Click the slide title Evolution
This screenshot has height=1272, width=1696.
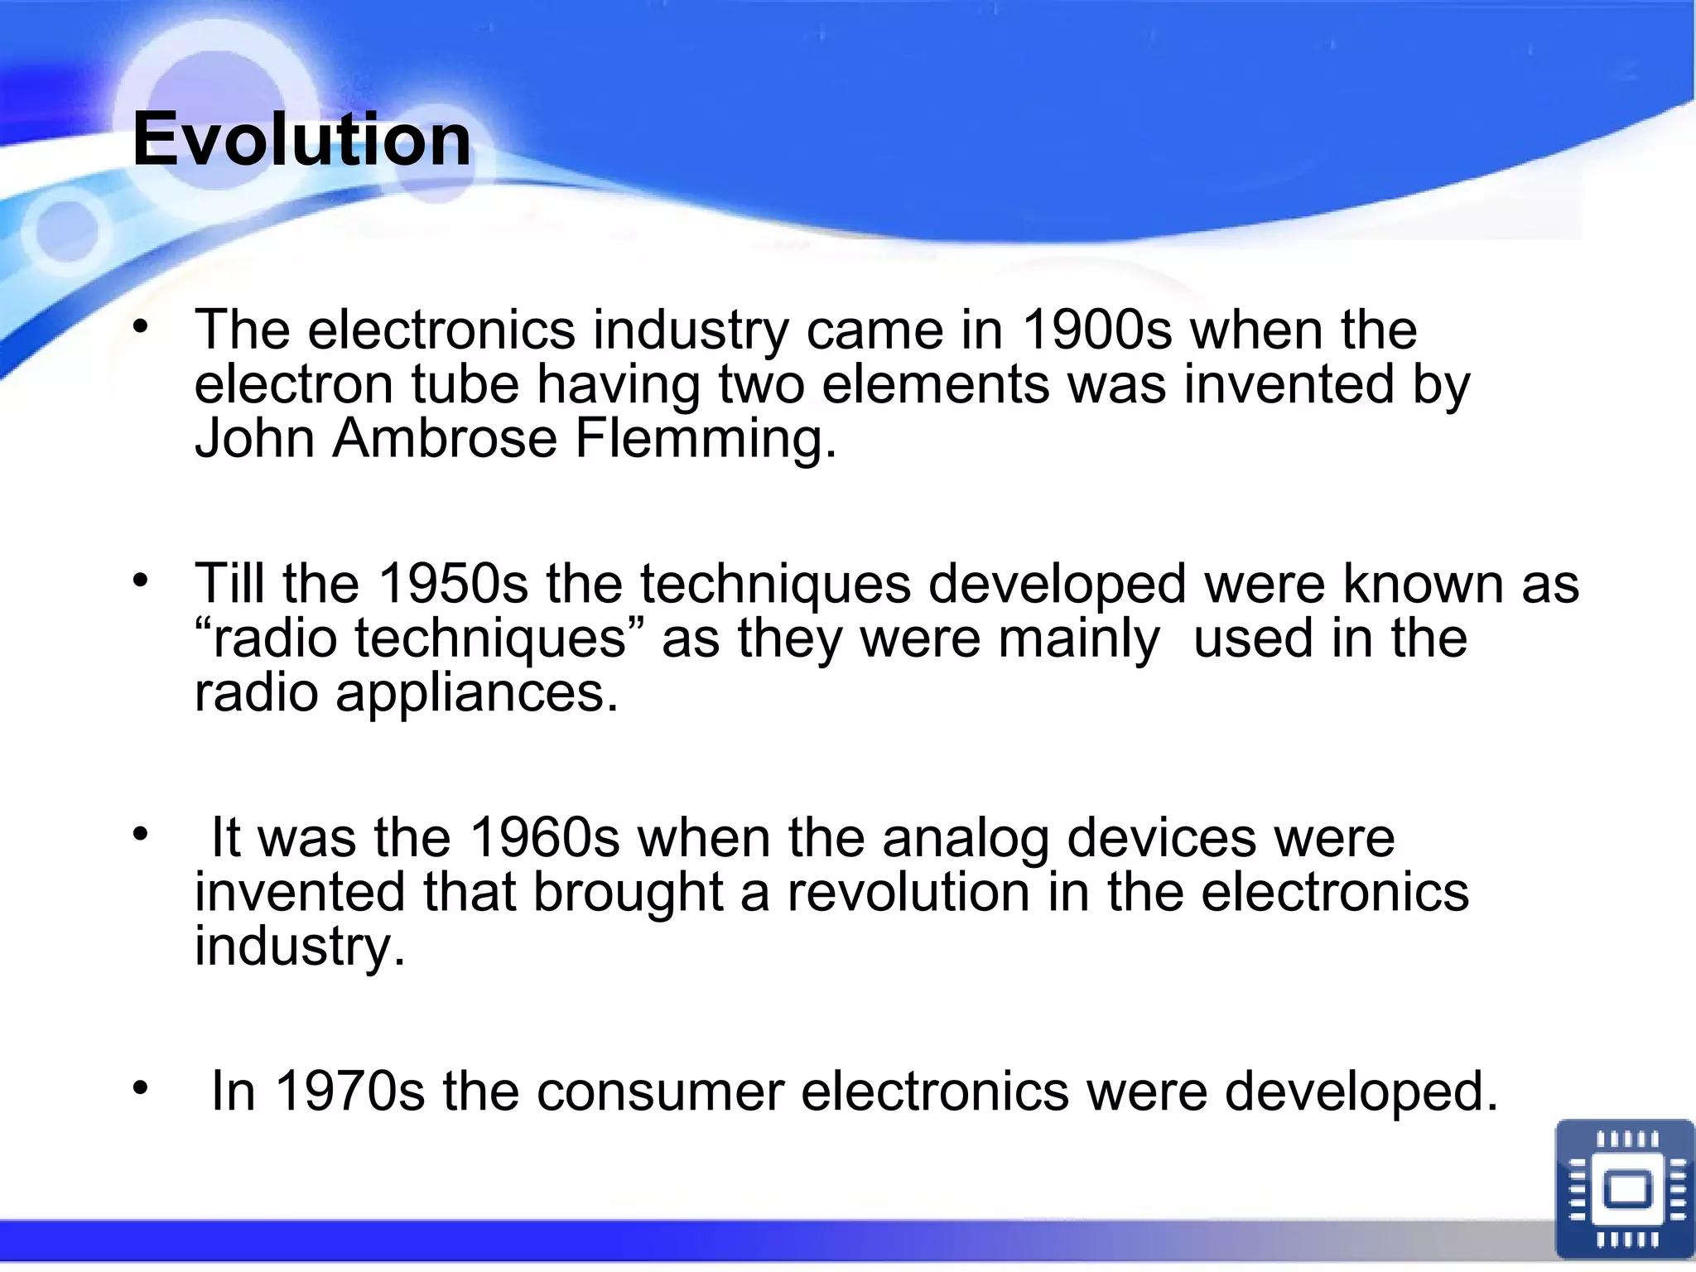(x=301, y=139)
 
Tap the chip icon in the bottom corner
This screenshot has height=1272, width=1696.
(x=1625, y=1188)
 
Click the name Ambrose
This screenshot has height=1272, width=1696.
(x=446, y=438)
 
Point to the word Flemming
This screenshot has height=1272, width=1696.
(x=705, y=438)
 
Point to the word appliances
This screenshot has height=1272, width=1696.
(x=477, y=693)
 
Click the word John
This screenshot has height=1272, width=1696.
(x=254, y=438)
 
